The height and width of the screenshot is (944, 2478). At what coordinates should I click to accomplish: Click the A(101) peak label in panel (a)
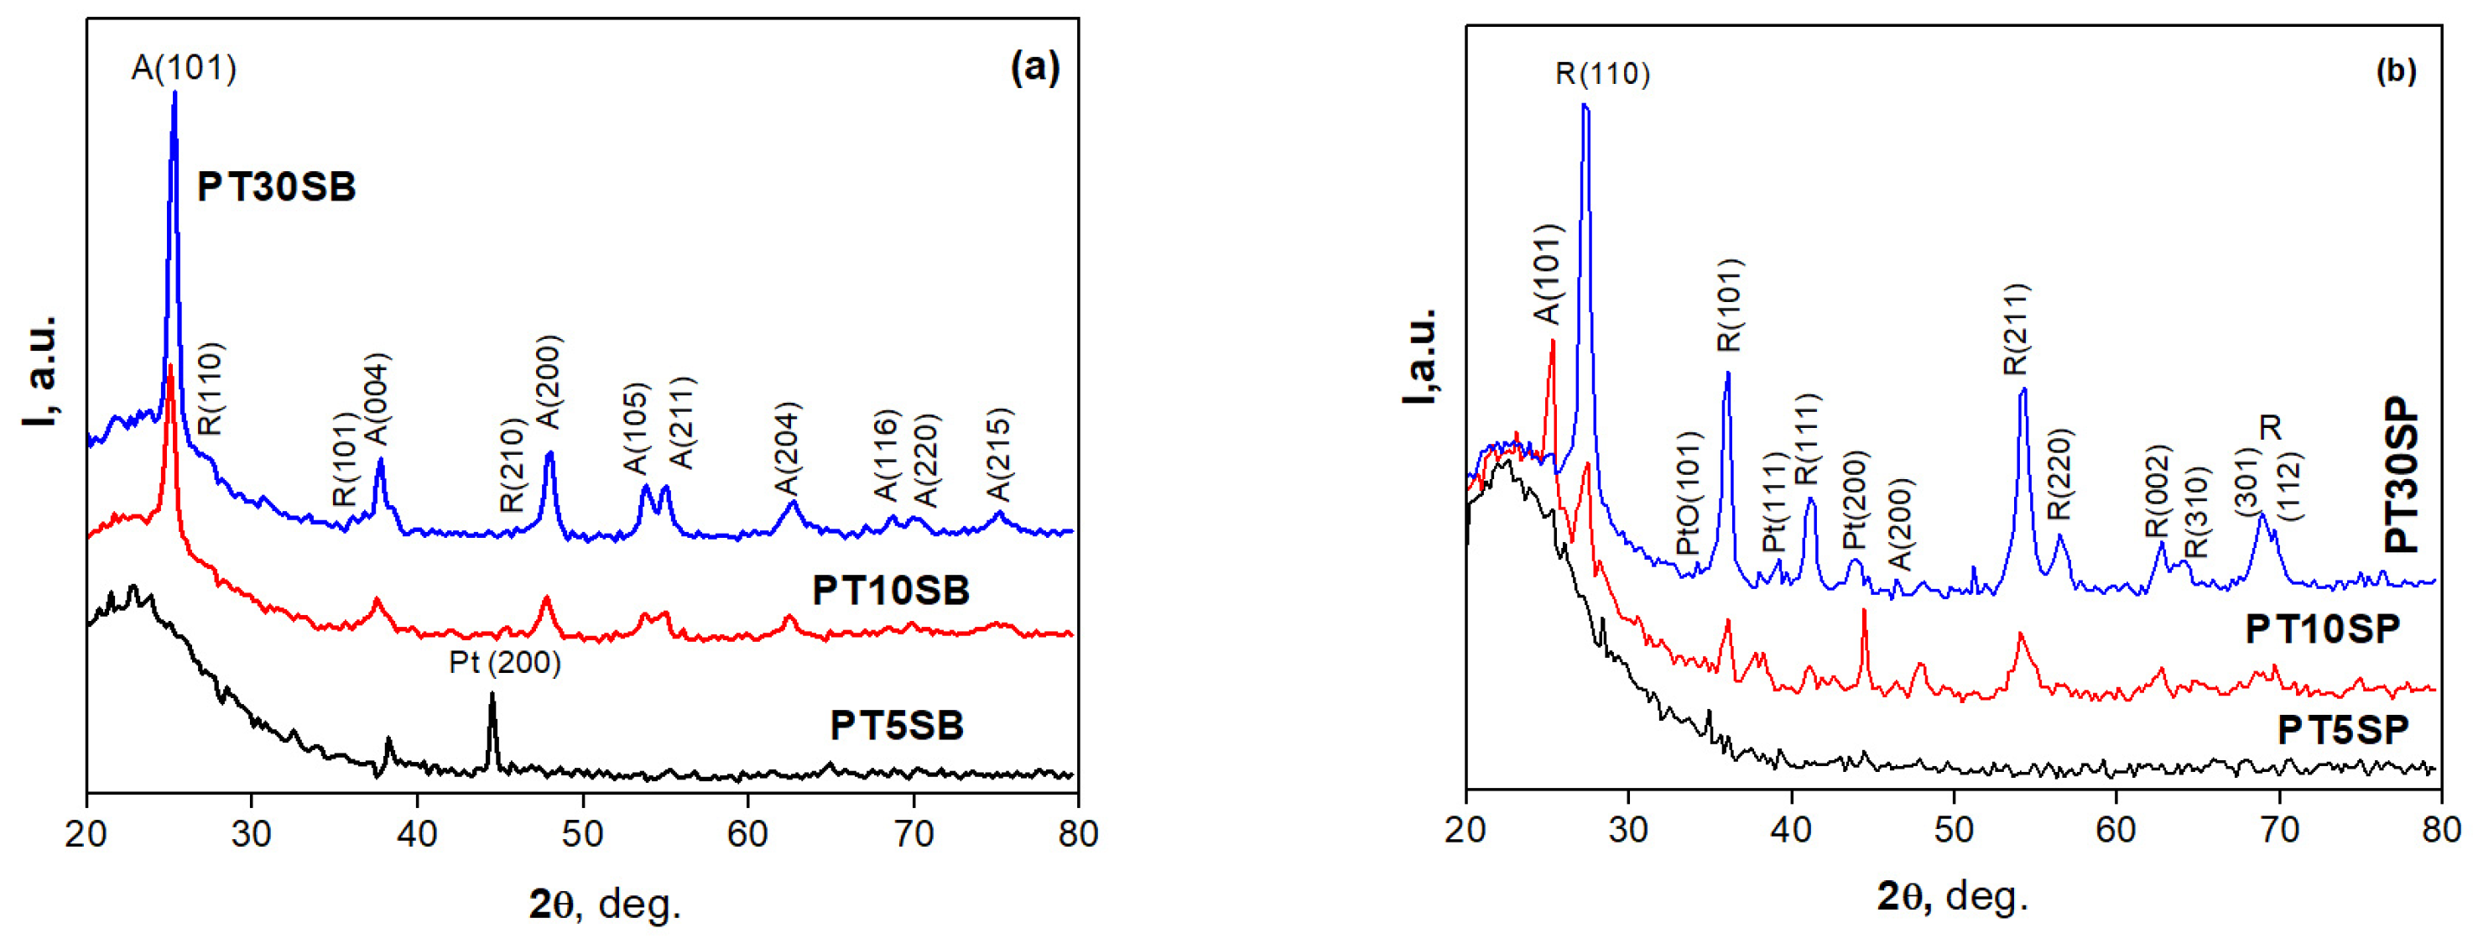pyautogui.click(x=184, y=68)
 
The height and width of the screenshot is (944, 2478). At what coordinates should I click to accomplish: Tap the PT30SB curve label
pyautogui.click(x=276, y=186)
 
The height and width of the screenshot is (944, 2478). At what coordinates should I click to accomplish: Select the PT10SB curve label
pyautogui.click(x=891, y=590)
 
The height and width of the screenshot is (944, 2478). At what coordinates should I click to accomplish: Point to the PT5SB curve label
pyautogui.click(x=897, y=726)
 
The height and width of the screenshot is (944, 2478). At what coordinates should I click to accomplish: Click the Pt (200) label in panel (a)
pyautogui.click(x=505, y=662)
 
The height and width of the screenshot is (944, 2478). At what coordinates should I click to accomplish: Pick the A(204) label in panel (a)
pyautogui.click(x=787, y=448)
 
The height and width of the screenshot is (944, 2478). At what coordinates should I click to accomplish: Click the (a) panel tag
pyautogui.click(x=1035, y=67)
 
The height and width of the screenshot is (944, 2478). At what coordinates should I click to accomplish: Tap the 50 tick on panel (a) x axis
pyautogui.click(x=582, y=833)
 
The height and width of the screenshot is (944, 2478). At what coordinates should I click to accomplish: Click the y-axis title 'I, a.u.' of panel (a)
pyautogui.click(x=40, y=371)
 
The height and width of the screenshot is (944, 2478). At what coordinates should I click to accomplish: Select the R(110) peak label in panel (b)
pyautogui.click(x=1602, y=74)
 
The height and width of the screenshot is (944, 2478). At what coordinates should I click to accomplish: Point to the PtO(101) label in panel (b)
pyautogui.click(x=1689, y=493)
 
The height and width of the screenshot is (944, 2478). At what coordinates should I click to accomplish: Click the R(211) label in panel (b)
pyautogui.click(x=2015, y=329)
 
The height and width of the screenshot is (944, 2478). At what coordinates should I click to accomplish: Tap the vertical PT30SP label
pyautogui.click(x=2401, y=476)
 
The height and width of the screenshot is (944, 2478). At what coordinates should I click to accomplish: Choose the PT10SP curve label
pyautogui.click(x=2322, y=629)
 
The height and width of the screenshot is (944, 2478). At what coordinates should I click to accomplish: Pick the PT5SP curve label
pyautogui.click(x=2342, y=730)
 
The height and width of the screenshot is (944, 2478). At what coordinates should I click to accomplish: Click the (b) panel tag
pyautogui.click(x=2395, y=70)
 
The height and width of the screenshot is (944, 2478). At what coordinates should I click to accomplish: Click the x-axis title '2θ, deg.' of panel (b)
pyautogui.click(x=1953, y=896)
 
